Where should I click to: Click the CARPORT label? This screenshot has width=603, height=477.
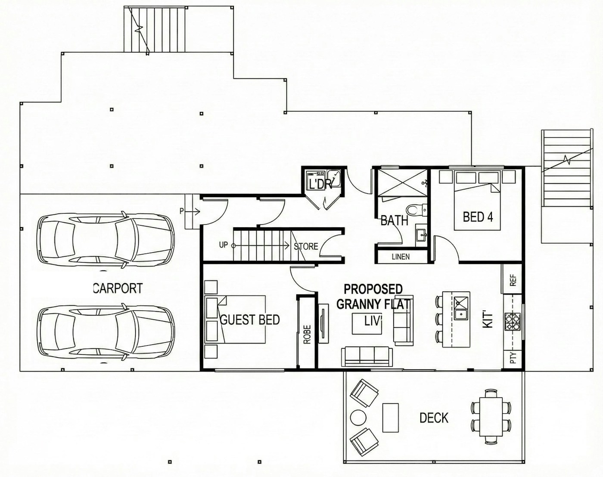(118, 288)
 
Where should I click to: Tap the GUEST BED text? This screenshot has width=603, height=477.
(250, 320)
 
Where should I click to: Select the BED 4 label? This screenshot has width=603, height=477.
(478, 217)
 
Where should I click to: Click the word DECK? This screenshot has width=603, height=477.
(434, 418)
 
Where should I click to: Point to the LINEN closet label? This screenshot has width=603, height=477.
(401, 257)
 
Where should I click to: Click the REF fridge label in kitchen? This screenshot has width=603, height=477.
(513, 280)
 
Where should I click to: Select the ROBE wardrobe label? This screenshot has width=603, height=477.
(308, 334)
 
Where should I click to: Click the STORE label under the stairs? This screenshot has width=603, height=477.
(306, 247)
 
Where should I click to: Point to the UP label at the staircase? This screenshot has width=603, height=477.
(223, 245)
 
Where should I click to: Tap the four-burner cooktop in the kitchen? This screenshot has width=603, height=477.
(513, 322)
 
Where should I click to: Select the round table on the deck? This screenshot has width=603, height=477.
(358, 418)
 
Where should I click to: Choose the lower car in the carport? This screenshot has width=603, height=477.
(106, 334)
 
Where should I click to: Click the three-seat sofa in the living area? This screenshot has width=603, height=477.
(367, 356)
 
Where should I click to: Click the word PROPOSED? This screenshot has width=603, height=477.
(373, 289)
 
